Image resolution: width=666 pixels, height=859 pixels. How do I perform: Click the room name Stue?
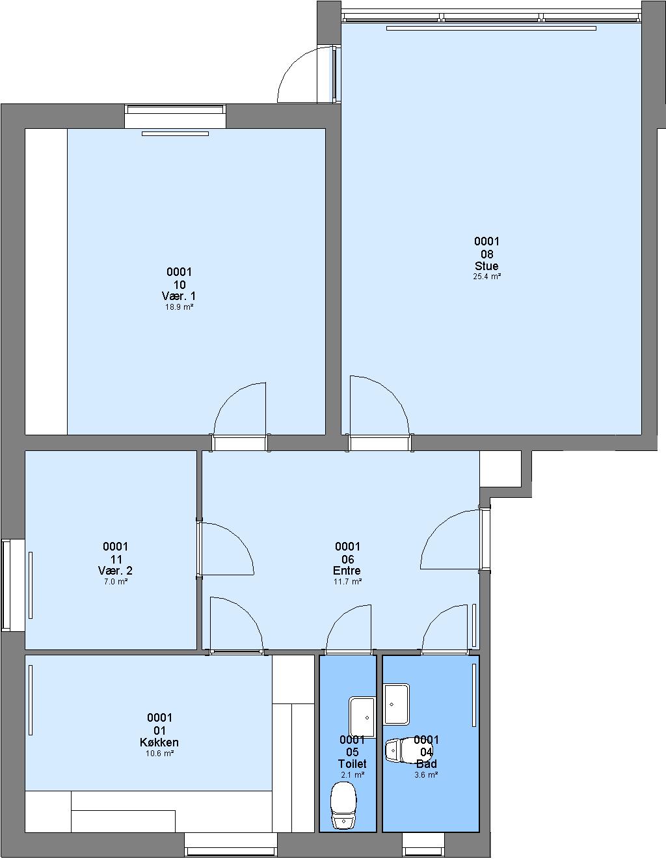486,266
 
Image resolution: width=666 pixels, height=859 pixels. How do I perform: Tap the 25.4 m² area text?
486,277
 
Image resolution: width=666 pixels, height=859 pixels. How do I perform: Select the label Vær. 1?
179,296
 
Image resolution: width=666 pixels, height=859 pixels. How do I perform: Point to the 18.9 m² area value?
179,307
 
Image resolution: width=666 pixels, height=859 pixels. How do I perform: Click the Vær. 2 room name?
115,571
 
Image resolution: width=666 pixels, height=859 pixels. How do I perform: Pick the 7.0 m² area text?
116,582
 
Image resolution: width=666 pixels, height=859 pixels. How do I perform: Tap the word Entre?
347,571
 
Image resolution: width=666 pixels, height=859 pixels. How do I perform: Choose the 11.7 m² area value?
347,582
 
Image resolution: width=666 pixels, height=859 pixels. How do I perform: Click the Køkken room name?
159,743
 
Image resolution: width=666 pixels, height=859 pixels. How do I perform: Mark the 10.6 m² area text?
159,754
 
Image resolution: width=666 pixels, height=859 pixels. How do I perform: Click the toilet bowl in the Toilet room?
343,805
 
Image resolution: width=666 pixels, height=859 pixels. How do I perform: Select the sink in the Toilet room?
362,718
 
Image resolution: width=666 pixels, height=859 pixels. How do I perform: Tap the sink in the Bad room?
397,704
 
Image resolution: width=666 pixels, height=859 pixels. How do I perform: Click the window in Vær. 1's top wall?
176,116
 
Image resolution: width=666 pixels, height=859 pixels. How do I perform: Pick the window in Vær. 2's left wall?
12,586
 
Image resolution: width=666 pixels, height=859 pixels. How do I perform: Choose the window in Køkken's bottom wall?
231,845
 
